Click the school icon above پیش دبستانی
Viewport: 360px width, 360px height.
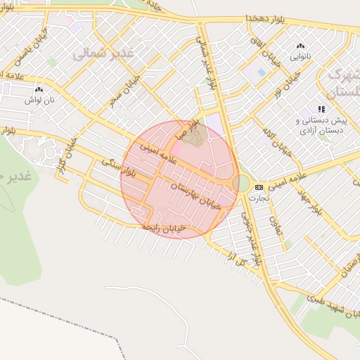point(322,109)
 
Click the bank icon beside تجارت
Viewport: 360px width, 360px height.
point(259,187)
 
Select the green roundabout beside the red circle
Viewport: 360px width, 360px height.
point(243,184)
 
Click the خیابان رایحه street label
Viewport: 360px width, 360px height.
point(164,228)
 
